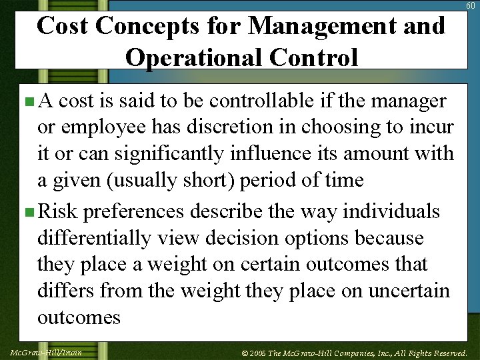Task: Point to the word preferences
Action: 133,212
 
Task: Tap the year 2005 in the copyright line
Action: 259,353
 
